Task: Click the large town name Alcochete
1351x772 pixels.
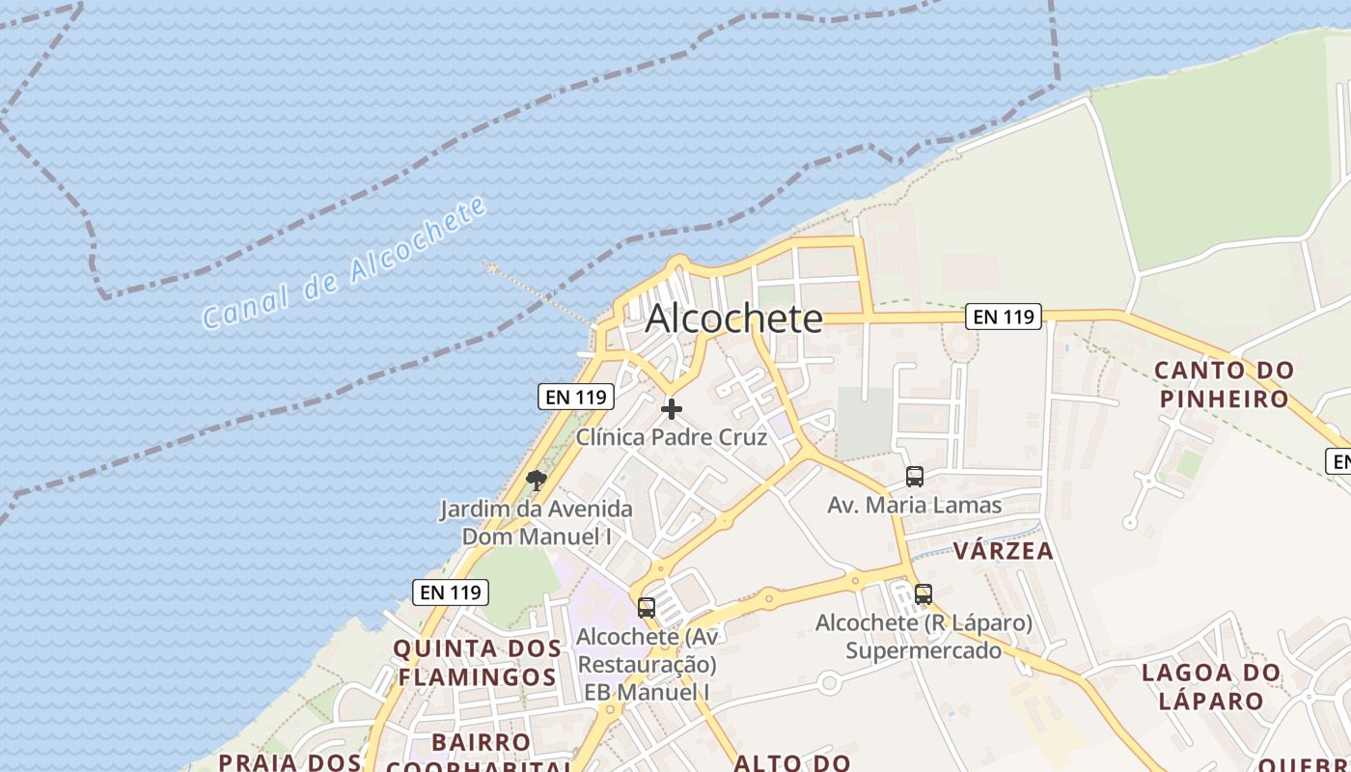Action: (x=733, y=317)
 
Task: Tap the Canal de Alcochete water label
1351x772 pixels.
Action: (x=344, y=262)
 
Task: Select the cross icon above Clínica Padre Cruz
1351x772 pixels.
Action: (x=672, y=409)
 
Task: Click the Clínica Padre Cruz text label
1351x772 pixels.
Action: (x=672, y=437)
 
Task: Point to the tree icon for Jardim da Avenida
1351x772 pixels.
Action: (x=537, y=480)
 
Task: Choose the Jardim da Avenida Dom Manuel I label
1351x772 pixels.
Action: (x=537, y=522)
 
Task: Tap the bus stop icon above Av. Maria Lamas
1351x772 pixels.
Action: (x=914, y=477)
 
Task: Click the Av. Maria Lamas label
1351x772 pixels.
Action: (x=914, y=505)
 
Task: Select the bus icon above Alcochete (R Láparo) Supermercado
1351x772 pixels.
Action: (x=924, y=594)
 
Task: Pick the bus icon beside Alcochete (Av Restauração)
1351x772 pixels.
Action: (x=647, y=608)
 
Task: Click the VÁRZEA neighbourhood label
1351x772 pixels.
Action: (x=1003, y=551)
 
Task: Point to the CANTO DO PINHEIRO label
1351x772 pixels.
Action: (x=1224, y=384)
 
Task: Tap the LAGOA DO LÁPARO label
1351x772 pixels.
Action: (x=1210, y=686)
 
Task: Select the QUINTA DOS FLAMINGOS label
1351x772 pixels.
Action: (x=478, y=662)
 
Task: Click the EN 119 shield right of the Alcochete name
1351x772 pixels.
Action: (x=1004, y=317)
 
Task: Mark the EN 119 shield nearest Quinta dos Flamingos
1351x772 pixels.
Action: (x=451, y=592)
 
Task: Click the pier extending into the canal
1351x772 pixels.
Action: (x=540, y=293)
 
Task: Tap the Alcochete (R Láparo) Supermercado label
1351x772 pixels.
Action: (x=924, y=637)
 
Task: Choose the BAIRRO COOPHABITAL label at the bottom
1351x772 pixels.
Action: (x=481, y=755)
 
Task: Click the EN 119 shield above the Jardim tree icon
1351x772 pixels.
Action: (x=576, y=396)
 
